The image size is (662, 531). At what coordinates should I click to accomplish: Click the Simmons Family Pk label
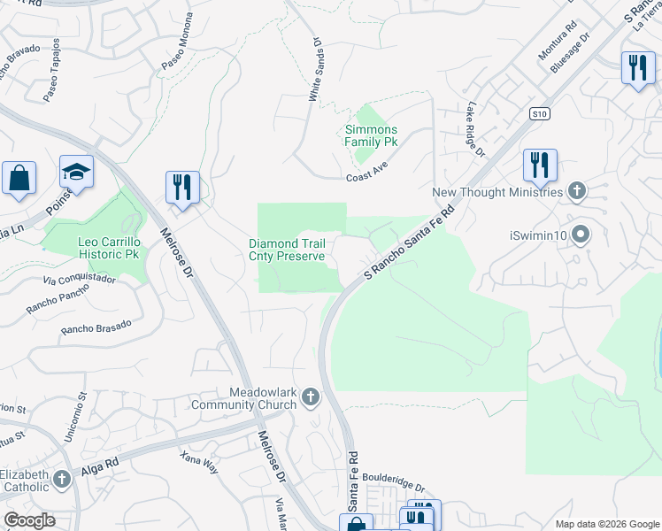click(x=371, y=135)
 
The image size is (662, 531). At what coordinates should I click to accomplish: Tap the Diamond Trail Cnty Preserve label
click(x=292, y=250)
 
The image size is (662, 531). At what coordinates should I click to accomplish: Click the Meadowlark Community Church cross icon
click(x=310, y=397)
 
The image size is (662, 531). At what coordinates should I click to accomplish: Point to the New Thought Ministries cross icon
click(x=576, y=190)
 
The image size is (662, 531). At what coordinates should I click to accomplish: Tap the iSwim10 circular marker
click(x=581, y=235)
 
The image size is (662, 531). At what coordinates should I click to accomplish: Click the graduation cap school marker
click(x=77, y=172)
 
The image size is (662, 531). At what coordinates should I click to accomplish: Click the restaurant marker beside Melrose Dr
click(x=182, y=187)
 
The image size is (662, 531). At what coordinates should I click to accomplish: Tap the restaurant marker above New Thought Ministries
click(x=539, y=165)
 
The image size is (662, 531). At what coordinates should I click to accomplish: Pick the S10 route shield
click(x=541, y=113)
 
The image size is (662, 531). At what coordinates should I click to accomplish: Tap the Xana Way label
click(x=198, y=462)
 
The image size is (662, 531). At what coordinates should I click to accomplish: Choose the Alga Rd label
click(x=100, y=464)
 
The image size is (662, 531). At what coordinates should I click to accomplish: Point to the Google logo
click(x=28, y=520)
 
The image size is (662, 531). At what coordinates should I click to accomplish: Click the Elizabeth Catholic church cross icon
click(x=61, y=480)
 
